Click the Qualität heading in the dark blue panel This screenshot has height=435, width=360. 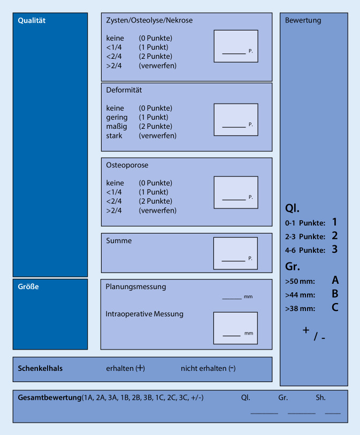[32, 21]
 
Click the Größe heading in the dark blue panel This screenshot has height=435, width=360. [28, 286]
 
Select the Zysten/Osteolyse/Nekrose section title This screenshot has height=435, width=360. [149, 20]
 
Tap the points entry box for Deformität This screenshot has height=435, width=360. [235, 119]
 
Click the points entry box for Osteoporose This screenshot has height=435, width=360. [235, 192]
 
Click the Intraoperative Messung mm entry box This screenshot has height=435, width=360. [235, 328]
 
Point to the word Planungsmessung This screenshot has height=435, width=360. [136, 286]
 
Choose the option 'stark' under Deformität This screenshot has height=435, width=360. [114, 136]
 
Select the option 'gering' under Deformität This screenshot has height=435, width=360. [117, 118]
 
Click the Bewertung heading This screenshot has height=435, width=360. [303, 21]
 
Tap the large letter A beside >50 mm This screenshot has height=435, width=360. [335, 280]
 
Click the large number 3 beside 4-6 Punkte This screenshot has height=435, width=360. [334, 249]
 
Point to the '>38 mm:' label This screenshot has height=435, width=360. [300, 308]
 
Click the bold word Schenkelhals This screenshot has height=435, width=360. [40, 368]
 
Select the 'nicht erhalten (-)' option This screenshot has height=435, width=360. [208, 368]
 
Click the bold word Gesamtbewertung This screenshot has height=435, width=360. [49, 398]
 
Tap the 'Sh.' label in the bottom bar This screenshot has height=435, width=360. [320, 398]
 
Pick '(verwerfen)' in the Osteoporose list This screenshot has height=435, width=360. [157, 211]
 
